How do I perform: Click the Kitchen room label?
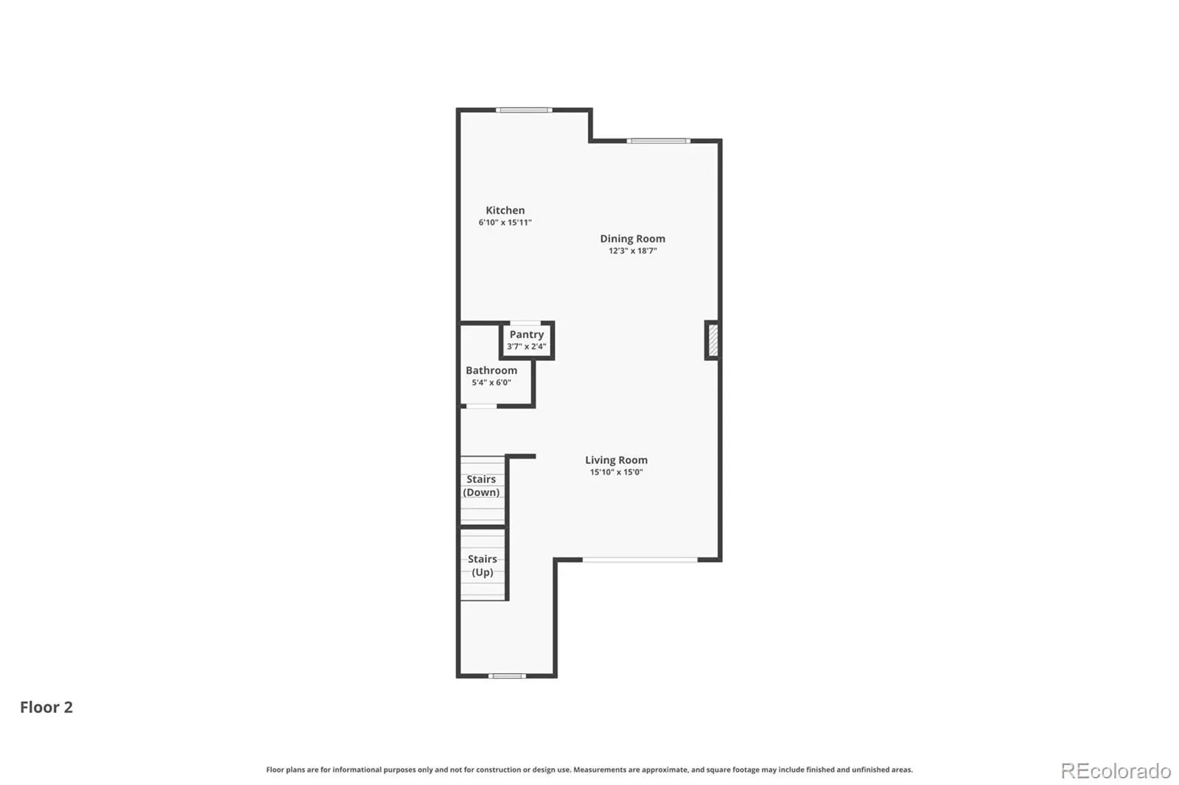[505, 211]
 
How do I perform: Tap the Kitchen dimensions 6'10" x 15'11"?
[505, 222]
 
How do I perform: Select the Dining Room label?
[633, 239]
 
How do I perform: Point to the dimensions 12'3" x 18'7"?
[633, 251]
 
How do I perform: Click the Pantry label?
[526, 334]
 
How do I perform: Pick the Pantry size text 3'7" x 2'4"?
[526, 347]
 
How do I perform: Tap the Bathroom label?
[491, 370]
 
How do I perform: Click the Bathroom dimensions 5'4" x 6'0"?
[491, 382]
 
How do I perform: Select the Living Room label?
[616, 460]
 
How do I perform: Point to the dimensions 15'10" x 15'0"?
[616, 472]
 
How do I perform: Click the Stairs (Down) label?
[481, 485]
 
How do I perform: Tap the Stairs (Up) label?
[482, 566]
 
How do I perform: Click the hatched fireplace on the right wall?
[713, 340]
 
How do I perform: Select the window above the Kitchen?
[524, 110]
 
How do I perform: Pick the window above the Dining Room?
[658, 141]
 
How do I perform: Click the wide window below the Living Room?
[640, 560]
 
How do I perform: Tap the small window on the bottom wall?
[507, 676]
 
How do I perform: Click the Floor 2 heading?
[46, 707]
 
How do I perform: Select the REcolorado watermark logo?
[1116, 771]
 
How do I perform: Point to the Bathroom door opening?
[481, 406]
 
